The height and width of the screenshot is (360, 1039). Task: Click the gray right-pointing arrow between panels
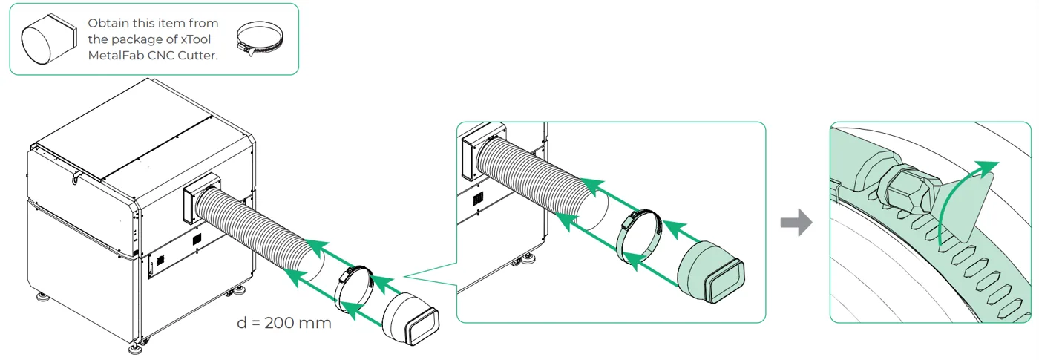(796, 223)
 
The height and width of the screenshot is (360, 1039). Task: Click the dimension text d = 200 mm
(283, 323)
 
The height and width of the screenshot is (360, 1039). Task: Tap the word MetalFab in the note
(116, 56)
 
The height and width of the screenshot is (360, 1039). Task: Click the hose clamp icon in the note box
(259, 39)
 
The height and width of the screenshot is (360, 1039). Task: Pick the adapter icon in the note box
(49, 39)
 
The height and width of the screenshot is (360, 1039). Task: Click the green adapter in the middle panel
(711, 272)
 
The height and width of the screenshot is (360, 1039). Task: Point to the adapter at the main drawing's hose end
(410, 318)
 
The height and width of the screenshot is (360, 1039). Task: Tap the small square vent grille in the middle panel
(478, 200)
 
